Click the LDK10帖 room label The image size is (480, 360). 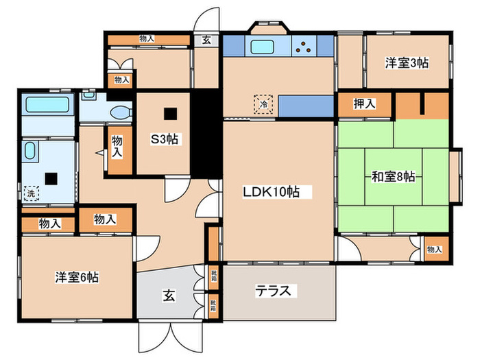pyautogui.click(x=271, y=193)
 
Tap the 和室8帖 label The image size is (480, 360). pyautogui.click(x=393, y=176)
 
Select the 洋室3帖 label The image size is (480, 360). pyautogui.click(x=407, y=63)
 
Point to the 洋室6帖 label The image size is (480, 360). pyautogui.click(x=76, y=278)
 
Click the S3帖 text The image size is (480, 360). pyautogui.click(x=165, y=139)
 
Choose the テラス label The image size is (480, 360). pyautogui.click(x=277, y=291)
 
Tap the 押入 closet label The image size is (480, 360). pyautogui.click(x=364, y=104)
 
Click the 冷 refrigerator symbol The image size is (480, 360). pyautogui.click(x=263, y=104)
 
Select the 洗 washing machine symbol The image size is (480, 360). pyautogui.click(x=30, y=193)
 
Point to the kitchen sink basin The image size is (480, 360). pyautogui.click(x=263, y=47)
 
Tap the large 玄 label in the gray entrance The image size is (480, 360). pyautogui.click(x=169, y=296)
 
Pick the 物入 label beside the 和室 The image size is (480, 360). pyautogui.click(x=434, y=250)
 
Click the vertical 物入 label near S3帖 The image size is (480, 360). pyautogui.click(x=117, y=145)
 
